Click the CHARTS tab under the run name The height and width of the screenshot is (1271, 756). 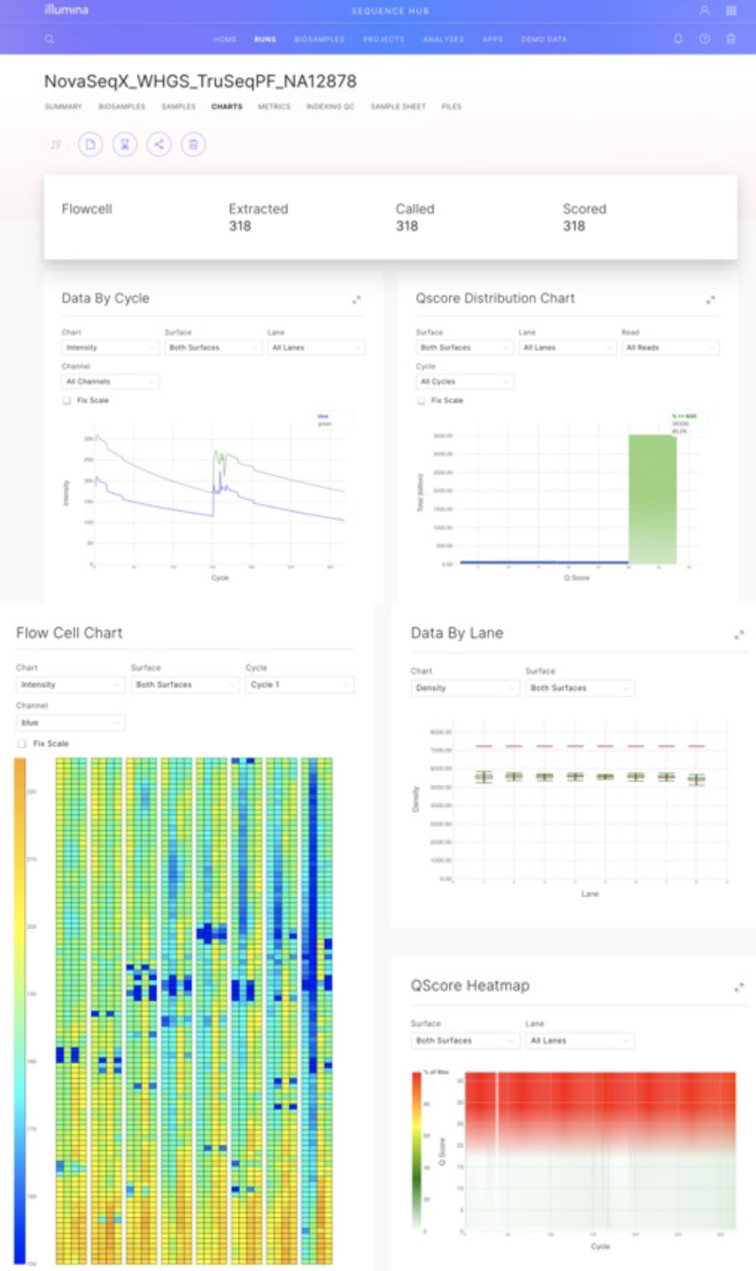pyautogui.click(x=227, y=107)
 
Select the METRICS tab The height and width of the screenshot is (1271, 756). pyautogui.click(x=274, y=107)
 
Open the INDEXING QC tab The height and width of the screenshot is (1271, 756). pyautogui.click(x=330, y=107)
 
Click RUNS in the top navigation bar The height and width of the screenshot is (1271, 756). pyautogui.click(x=265, y=39)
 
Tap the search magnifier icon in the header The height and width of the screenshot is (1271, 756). pyautogui.click(x=50, y=39)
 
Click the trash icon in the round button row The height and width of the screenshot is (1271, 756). pyautogui.click(x=193, y=144)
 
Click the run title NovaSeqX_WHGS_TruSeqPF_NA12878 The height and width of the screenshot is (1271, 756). pyautogui.click(x=200, y=81)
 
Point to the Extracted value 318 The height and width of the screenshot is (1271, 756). pyautogui.click(x=240, y=226)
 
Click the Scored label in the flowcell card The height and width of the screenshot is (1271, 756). pyautogui.click(x=584, y=209)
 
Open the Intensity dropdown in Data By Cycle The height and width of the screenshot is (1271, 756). pyautogui.click(x=110, y=348)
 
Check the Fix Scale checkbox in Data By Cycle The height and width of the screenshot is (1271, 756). pyautogui.click(x=67, y=400)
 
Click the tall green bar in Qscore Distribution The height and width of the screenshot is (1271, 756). pyautogui.click(x=652, y=499)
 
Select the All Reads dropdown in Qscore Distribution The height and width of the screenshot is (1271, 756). pyautogui.click(x=669, y=348)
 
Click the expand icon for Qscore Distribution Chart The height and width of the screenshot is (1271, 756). pyautogui.click(x=710, y=300)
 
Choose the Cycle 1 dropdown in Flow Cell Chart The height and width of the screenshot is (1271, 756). pyautogui.click(x=299, y=685)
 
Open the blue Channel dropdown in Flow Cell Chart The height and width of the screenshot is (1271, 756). pyautogui.click(x=71, y=723)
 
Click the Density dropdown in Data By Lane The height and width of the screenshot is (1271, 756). pyautogui.click(x=465, y=688)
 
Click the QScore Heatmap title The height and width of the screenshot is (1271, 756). pyautogui.click(x=470, y=986)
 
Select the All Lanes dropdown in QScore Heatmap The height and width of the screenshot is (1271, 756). pyautogui.click(x=579, y=1041)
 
